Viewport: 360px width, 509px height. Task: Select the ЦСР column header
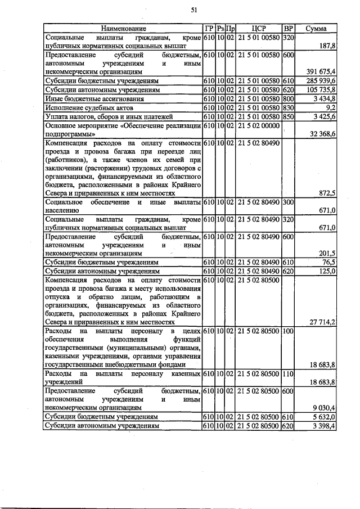coord(259,28)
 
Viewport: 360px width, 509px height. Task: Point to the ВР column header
coord(289,28)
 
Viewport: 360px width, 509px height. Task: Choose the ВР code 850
coord(289,116)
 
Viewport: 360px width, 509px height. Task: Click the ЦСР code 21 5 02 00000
coord(259,125)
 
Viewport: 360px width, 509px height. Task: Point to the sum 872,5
coord(326,192)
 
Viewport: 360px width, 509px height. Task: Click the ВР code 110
coord(289,373)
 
